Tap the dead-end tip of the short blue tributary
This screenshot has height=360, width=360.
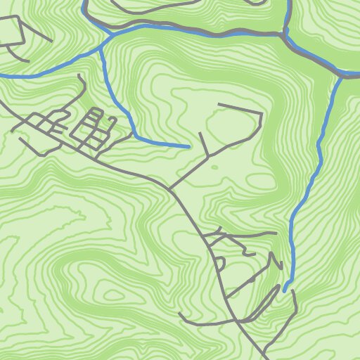pos(190,147)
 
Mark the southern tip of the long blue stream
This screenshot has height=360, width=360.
pos(285,289)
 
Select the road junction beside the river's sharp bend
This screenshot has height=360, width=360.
pos(283,34)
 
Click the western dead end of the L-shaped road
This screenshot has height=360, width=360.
pos(219,105)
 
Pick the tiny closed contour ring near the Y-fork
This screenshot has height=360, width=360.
pos(214,167)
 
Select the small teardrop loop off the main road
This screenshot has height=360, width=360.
pos(219,263)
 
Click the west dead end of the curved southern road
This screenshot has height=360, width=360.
pos(180,314)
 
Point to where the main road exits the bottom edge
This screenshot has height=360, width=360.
pos(266,359)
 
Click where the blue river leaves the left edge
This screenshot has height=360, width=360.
pos(1,75)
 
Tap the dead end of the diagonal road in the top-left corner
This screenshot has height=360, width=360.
pos(51,40)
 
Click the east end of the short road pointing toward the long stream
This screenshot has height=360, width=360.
pos(276,233)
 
